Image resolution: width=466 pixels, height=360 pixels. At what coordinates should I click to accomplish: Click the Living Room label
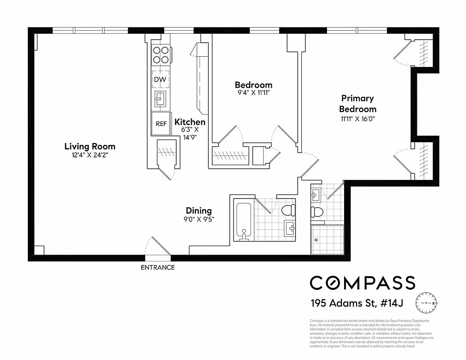(90, 146)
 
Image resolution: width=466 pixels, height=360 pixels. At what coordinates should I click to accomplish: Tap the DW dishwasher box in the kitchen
(160, 80)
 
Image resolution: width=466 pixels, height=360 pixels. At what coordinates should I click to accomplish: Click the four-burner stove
(161, 55)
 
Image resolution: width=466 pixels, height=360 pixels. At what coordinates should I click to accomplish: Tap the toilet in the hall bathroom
(287, 210)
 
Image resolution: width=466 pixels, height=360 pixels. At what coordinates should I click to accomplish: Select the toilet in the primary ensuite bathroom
(318, 212)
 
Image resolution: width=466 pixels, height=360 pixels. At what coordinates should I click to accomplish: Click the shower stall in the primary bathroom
(327, 239)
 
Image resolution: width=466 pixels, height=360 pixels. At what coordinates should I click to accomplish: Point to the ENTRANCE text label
(157, 267)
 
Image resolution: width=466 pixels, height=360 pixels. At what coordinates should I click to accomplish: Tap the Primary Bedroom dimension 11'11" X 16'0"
(358, 119)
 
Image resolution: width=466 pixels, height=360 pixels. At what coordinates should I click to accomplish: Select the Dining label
(199, 211)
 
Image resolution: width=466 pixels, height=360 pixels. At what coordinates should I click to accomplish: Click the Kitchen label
(190, 122)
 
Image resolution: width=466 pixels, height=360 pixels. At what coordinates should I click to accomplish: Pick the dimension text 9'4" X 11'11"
(253, 93)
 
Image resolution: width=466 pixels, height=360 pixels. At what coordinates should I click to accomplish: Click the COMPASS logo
(362, 283)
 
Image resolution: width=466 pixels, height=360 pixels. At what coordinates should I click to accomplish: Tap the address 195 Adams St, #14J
(356, 303)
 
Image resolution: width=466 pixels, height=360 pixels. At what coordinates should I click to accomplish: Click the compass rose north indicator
(426, 303)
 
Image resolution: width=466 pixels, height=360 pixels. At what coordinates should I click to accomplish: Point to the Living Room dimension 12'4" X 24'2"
(90, 155)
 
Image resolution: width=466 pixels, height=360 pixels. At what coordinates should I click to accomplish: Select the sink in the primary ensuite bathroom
(315, 194)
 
